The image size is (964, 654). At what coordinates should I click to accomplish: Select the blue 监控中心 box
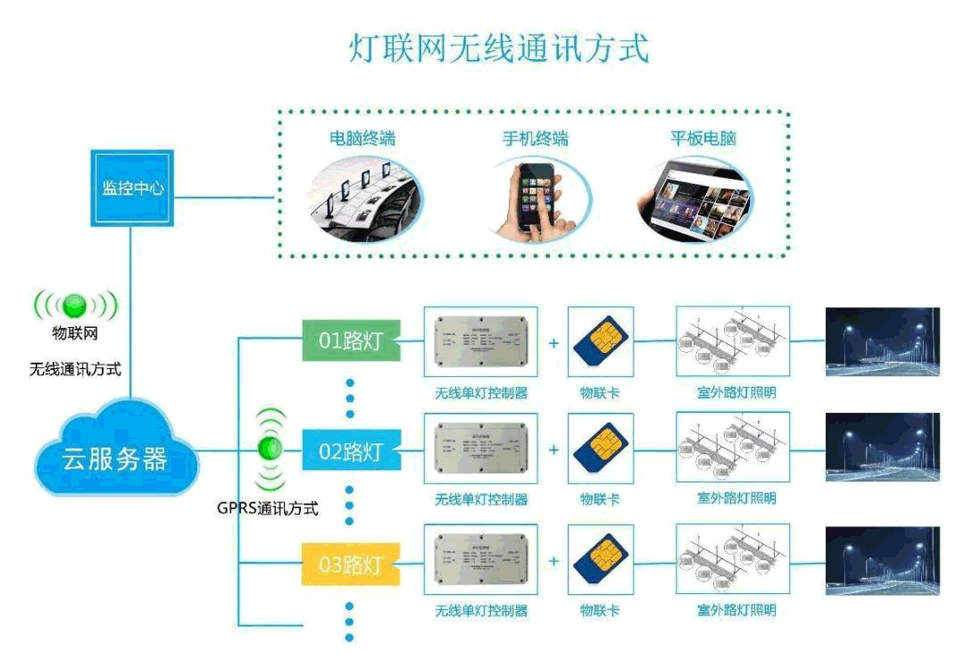[132, 189]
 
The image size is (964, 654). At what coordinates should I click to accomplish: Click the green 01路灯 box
[350, 341]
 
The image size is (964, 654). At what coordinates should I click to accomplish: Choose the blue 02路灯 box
[350, 451]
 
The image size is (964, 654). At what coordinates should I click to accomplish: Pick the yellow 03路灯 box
[350, 564]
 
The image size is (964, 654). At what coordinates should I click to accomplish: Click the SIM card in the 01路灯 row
[601, 340]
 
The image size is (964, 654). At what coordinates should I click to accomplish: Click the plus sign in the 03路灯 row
[553, 561]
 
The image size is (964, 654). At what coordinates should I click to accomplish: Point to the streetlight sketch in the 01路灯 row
[732, 340]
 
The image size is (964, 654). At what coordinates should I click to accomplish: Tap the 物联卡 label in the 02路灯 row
[600, 499]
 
